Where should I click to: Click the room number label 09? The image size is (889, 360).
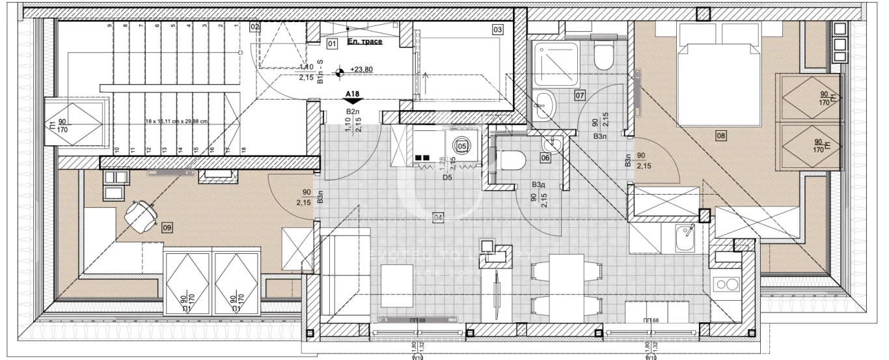[167, 228]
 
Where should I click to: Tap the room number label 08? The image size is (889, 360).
[720, 136]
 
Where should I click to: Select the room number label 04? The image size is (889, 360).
[438, 217]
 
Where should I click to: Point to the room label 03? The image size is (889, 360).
[497, 29]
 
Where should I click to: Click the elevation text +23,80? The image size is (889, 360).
[361, 69]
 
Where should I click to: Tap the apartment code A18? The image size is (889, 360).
[352, 94]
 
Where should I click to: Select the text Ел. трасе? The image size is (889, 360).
[364, 42]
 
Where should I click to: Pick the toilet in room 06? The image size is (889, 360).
[512, 159]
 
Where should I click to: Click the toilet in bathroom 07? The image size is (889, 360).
[603, 57]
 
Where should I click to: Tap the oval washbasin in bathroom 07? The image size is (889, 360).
[542, 102]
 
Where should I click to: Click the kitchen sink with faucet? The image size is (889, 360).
[684, 238]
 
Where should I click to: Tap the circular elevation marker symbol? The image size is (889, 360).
[340, 73]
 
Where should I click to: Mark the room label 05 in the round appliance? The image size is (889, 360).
[462, 146]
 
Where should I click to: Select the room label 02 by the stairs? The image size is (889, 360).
[254, 27]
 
